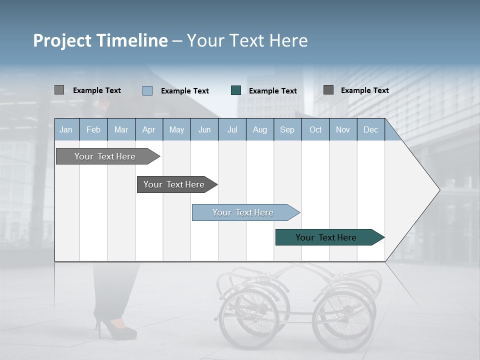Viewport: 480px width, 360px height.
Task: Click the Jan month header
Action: (66, 130)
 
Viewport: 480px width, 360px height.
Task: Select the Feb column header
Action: (93, 130)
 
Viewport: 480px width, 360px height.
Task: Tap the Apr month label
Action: (148, 130)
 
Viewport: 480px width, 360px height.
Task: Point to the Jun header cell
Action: (204, 130)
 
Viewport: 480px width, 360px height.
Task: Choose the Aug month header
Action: (259, 130)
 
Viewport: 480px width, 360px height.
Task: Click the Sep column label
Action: (287, 130)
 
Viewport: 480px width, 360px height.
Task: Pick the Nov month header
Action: (343, 130)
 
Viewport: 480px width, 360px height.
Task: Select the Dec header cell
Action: (370, 130)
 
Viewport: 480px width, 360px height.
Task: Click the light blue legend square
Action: (147, 90)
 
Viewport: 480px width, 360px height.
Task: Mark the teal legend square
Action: (236, 90)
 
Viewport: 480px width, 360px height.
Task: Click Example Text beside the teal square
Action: (272, 91)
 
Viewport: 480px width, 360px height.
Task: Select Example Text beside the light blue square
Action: (184, 91)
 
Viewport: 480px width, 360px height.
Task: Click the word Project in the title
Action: (62, 40)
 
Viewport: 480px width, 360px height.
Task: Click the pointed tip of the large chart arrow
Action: (438, 190)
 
